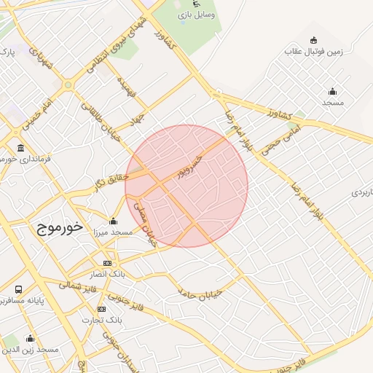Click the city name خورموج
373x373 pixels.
[52, 227]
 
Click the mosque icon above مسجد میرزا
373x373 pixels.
[113, 221]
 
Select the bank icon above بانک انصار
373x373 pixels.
[107, 264]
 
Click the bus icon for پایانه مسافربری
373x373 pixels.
[18, 289]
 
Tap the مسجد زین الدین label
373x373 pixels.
[31, 350]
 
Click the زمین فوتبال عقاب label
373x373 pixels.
[313, 52]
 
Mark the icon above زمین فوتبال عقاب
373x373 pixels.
[313, 40]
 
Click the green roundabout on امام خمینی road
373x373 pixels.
[68, 85]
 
